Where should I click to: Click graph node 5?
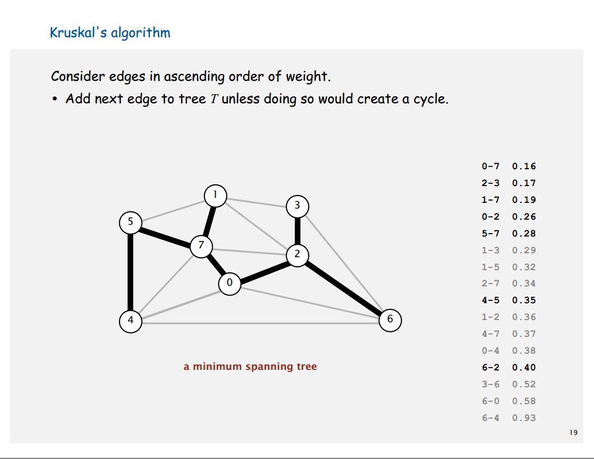pos(131,222)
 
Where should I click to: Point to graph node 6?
pos(390,321)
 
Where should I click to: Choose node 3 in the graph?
pos(298,206)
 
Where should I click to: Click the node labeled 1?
pos(214,196)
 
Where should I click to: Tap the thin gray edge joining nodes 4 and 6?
pos(258,323)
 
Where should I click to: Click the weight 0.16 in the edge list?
pos(524,166)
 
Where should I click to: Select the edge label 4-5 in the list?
pos(490,300)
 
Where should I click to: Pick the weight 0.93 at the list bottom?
pos(524,418)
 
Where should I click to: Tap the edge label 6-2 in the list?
pos(490,368)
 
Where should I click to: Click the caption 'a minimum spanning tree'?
pos(250,367)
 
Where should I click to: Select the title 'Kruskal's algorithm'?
pos(110,33)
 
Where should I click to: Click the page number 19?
pos(573,432)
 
